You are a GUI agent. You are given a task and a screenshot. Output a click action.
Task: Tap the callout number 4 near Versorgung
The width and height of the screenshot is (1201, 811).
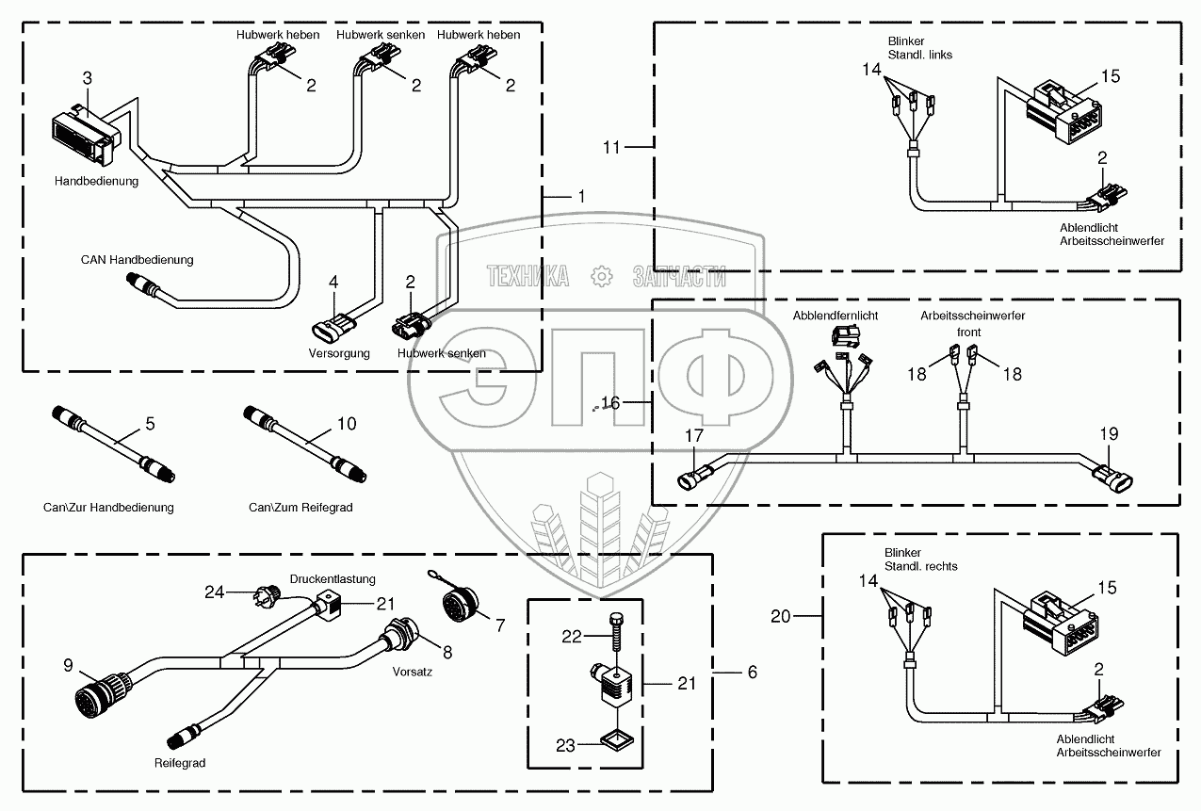pyautogui.click(x=333, y=282)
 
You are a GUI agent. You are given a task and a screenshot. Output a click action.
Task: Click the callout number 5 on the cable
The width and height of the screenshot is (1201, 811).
pyautogui.click(x=149, y=424)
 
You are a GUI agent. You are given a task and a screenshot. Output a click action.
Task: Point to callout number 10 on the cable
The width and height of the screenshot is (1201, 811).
pyautogui.click(x=347, y=424)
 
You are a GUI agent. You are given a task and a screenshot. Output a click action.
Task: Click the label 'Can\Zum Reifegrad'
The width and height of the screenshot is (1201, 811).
pyautogui.click(x=300, y=508)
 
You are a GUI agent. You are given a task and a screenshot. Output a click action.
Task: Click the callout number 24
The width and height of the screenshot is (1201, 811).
pyautogui.click(x=216, y=591)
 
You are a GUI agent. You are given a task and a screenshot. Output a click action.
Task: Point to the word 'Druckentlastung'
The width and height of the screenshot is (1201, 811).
pyautogui.click(x=333, y=578)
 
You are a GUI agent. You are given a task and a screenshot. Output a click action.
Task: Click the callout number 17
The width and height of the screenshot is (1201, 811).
pyautogui.click(x=693, y=436)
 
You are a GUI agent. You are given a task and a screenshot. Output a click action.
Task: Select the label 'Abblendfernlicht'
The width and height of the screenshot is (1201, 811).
pyautogui.click(x=836, y=316)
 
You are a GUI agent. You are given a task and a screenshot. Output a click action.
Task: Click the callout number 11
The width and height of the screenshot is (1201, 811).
pyautogui.click(x=612, y=146)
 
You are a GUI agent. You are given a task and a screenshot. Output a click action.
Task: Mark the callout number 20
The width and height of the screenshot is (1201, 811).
pyautogui.click(x=781, y=616)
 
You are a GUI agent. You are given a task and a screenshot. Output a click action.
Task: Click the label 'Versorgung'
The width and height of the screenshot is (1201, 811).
pyautogui.click(x=339, y=353)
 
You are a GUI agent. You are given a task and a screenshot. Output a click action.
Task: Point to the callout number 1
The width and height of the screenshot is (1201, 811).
pyautogui.click(x=581, y=196)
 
